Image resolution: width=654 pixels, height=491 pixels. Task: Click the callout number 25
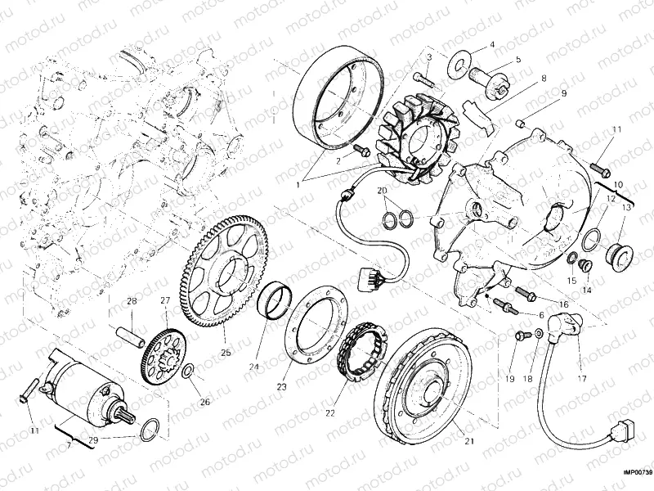[x=226, y=353]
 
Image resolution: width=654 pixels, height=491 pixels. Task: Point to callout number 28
[x=130, y=302]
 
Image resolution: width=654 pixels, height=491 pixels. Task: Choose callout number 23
[x=282, y=385]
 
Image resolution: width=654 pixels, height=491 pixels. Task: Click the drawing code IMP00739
[x=636, y=472]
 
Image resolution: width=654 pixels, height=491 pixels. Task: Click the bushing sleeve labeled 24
[x=277, y=302]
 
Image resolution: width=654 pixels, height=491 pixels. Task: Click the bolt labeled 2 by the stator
[x=359, y=151]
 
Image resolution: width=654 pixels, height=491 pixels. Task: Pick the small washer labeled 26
[x=187, y=372]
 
